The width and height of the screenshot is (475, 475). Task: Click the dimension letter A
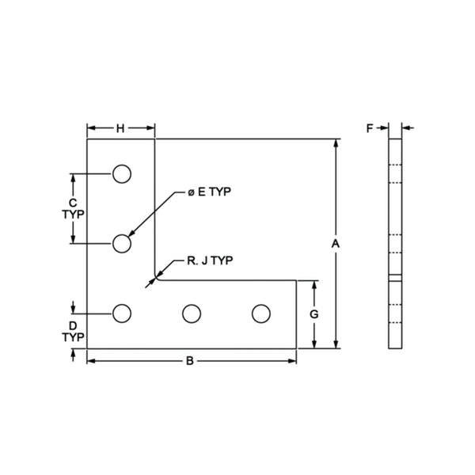335,244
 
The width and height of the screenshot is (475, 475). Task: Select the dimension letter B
189,361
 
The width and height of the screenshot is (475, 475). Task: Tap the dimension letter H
121,128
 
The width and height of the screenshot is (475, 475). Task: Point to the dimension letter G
314,314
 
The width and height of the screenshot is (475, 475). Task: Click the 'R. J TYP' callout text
210,260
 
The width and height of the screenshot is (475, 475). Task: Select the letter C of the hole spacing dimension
73,203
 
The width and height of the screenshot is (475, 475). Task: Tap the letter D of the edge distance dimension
73,325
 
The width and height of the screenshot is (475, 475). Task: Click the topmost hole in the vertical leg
121,174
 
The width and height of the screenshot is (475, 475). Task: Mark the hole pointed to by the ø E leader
121,244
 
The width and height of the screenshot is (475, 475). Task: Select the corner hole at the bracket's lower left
121,313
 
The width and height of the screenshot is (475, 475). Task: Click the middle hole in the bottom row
191,313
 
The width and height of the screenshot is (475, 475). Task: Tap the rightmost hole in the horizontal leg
260,313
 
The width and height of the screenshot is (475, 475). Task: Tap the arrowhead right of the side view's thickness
406,127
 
